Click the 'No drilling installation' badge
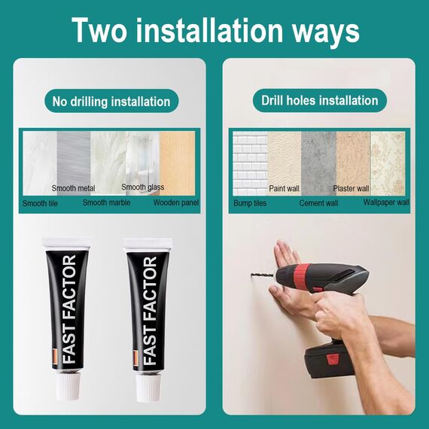click(111, 101)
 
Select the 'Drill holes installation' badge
click(320, 100)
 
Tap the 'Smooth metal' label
click(73, 188)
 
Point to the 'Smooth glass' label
click(143, 187)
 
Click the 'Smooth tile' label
click(40, 203)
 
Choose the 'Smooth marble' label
click(106, 202)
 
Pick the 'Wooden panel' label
click(176, 202)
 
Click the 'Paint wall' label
click(284, 188)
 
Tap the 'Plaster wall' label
click(351, 188)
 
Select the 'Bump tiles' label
click(250, 203)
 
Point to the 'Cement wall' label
click(319, 203)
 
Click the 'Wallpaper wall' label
click(386, 202)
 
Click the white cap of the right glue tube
click(148, 387)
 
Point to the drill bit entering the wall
click(262, 275)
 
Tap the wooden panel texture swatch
click(178, 163)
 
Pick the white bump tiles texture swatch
click(250, 163)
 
